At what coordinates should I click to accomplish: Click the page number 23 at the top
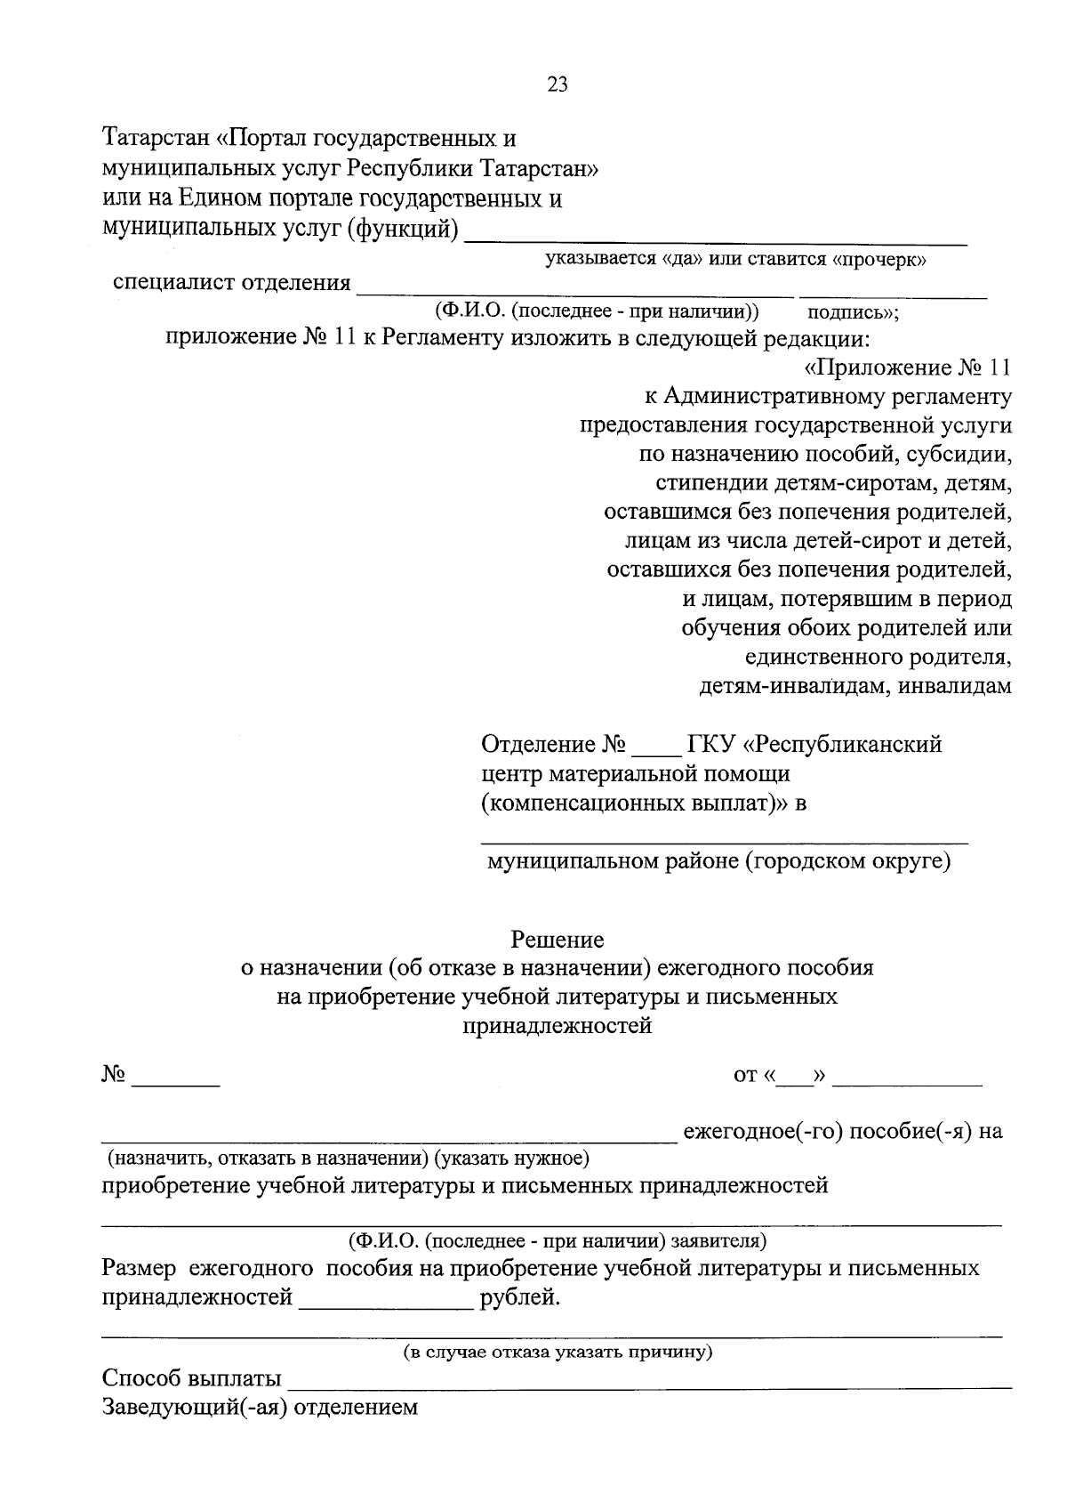coord(558,85)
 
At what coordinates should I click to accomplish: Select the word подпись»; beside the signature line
coord(853,312)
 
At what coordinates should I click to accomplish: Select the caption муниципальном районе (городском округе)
coord(718,860)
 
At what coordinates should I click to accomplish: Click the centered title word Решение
coord(558,939)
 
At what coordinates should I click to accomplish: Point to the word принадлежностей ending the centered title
coord(558,1026)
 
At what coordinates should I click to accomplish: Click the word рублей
coord(520,1297)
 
